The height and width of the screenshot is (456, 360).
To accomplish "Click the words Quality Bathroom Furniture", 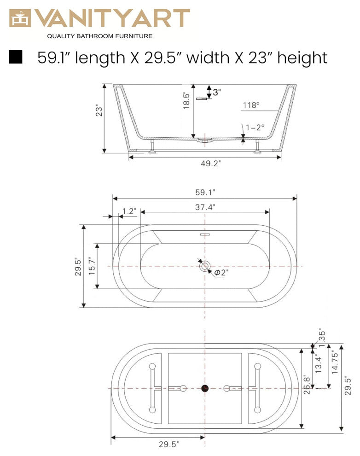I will [100, 36].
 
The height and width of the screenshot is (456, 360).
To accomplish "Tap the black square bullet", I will [16, 57].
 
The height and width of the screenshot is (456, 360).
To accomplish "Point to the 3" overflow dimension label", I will [216, 92].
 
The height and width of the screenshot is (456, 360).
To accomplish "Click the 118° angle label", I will [251, 105].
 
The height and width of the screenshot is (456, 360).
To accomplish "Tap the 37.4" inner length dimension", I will [205, 207].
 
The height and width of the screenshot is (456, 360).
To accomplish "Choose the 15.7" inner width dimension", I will [91, 266].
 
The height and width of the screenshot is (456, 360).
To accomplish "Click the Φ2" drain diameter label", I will [221, 272].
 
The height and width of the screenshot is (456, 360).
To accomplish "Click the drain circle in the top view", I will [205, 266].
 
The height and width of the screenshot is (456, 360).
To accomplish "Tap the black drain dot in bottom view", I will [205, 388].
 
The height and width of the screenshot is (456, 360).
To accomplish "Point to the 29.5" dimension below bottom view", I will [169, 444].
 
